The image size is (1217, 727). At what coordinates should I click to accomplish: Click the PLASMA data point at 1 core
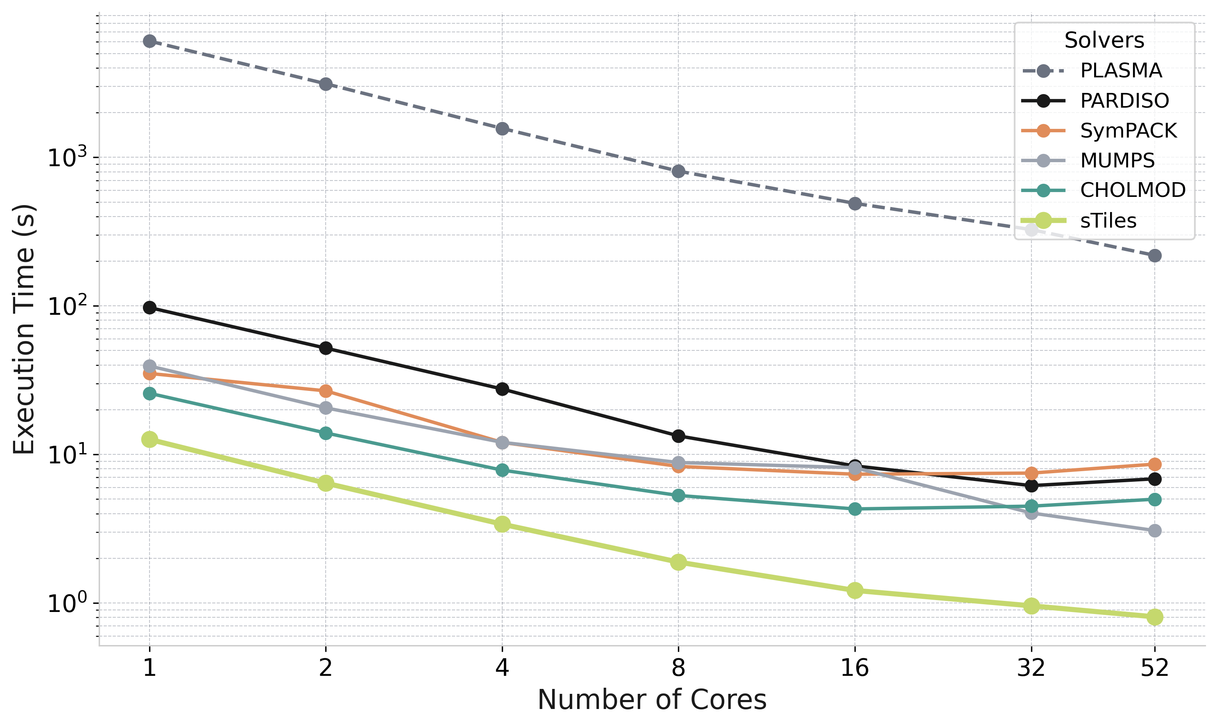tap(150, 41)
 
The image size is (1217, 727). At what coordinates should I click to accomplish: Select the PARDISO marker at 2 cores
tap(326, 348)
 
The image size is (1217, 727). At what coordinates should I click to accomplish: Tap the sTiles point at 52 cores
tap(1155, 617)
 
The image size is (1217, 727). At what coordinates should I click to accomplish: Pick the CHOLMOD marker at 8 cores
tap(678, 495)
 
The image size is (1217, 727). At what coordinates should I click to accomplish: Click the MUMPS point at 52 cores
tap(1155, 531)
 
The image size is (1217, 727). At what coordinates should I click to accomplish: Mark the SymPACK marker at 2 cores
tap(326, 391)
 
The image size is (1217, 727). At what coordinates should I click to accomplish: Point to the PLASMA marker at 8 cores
tap(678, 172)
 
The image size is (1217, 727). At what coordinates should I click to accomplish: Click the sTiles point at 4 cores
tap(502, 524)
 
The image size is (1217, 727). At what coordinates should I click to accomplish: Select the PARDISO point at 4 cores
tap(502, 389)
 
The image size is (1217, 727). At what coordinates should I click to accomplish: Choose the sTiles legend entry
tap(1108, 221)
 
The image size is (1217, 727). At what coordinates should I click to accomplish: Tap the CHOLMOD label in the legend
tap(1132, 190)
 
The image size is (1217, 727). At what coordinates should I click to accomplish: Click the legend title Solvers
tap(1104, 40)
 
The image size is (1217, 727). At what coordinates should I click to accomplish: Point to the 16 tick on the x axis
tap(855, 668)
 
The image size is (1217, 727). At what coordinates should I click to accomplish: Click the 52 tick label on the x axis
tap(1155, 668)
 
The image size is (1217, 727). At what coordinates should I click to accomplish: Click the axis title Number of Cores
tap(652, 700)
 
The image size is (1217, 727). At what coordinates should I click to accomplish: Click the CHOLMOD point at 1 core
tap(150, 393)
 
